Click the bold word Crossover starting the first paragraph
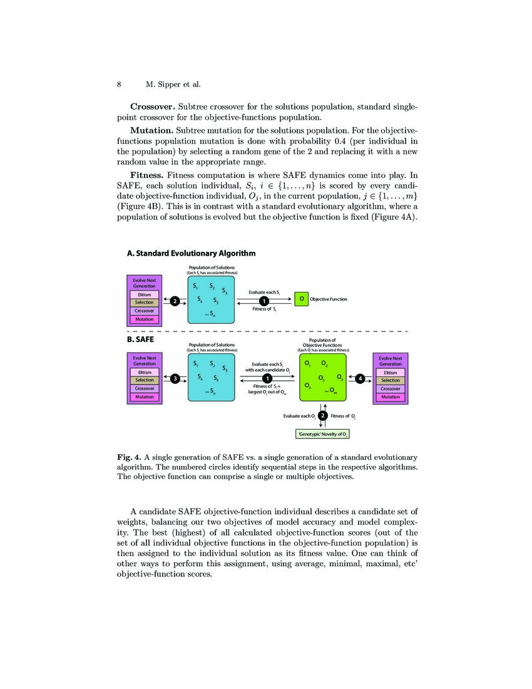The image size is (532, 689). pos(152,106)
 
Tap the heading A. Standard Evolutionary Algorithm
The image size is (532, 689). pos(191,254)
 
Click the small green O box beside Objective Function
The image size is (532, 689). pos(301,299)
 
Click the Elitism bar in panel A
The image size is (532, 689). pos(145,294)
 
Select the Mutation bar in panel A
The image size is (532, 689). pos(145,319)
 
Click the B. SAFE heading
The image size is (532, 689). pos(140,339)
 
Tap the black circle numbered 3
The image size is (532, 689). pos(175,378)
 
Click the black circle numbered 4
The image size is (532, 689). pos(360,378)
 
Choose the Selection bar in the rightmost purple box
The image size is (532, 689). pos(391,380)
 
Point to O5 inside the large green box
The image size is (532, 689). pos(321,378)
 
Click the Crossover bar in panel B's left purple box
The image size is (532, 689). pos(145,388)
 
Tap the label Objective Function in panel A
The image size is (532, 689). pos(329,299)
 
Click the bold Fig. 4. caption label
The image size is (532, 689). pos(130,457)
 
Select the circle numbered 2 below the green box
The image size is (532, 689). pos(322,416)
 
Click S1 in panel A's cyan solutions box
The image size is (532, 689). pos(196,286)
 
